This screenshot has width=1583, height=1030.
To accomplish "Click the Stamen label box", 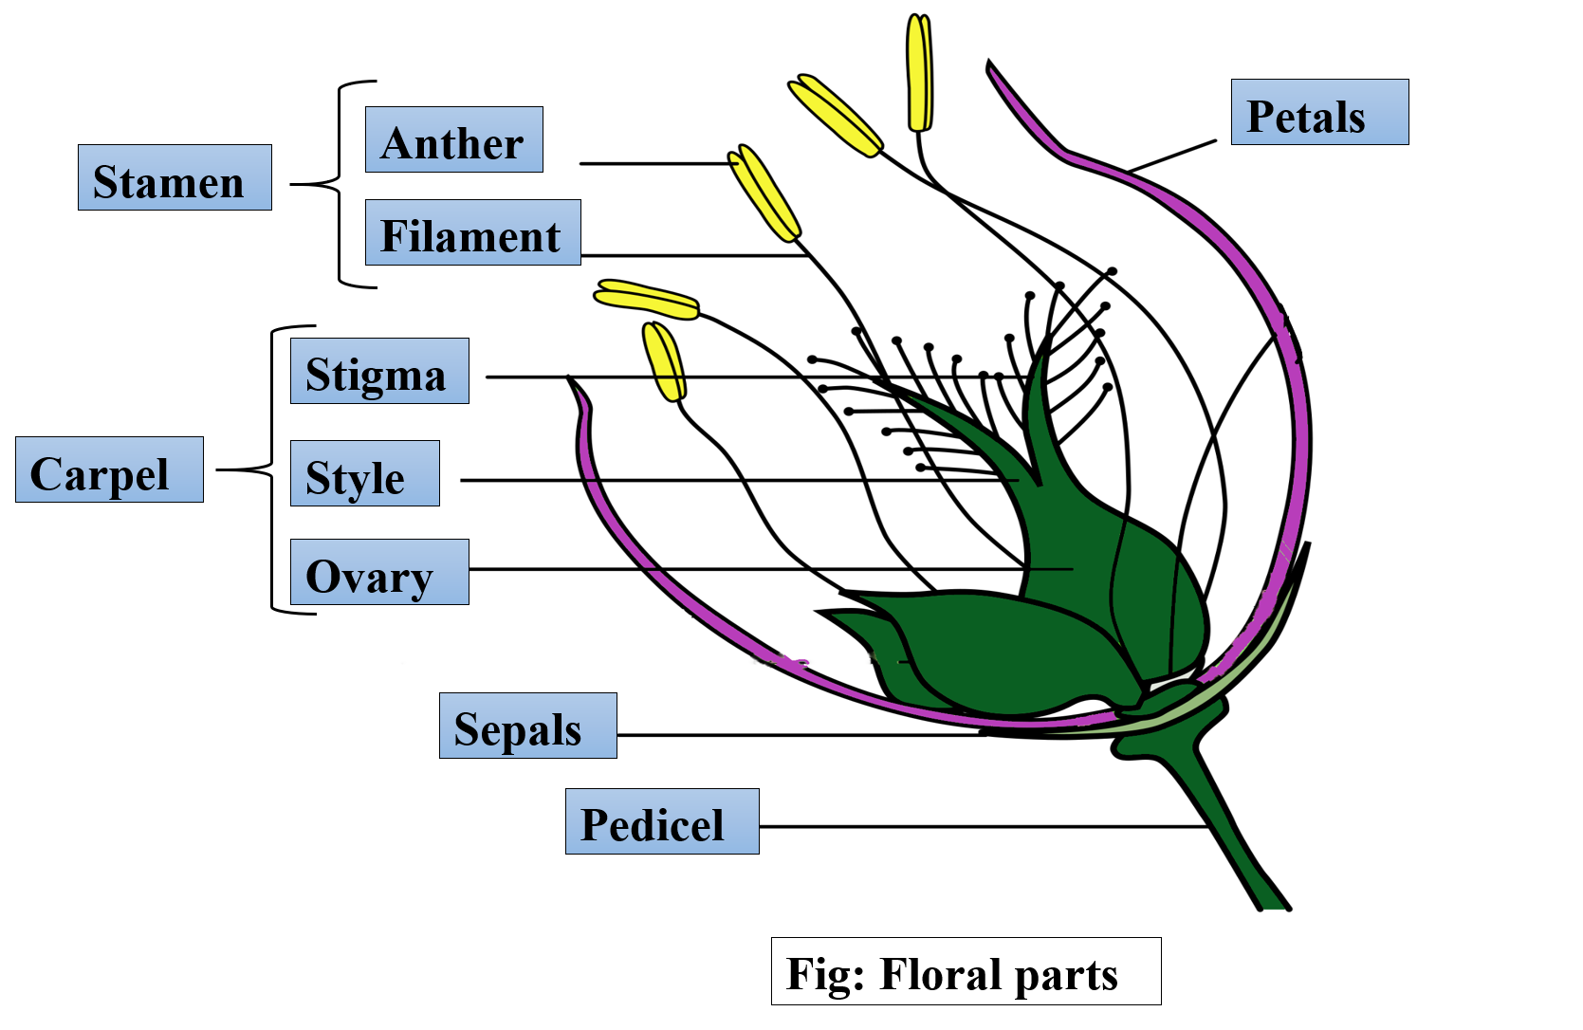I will pos(175,177).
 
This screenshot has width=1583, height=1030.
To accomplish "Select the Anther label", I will pos(453,139).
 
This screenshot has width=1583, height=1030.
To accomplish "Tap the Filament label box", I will pos(472,232).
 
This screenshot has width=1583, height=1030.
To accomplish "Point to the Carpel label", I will pos(109,469).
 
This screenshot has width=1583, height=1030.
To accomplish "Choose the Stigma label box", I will pos(378,371).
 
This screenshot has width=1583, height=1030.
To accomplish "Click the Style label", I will pos(364,473).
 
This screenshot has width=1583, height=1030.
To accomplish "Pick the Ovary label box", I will pos(378,572).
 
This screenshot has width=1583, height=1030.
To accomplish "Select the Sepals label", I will pos(527,726).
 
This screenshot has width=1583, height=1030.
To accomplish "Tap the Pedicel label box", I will pos(661,821).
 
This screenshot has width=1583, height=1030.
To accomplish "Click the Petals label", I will pos(1318,112).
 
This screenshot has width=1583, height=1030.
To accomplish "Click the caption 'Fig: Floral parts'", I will pos(965,971).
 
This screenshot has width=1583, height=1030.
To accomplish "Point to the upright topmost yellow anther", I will pos(919,73).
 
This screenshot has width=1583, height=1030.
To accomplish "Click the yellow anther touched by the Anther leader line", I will pos(764,193).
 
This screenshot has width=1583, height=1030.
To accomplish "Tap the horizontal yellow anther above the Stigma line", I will pos(647,299).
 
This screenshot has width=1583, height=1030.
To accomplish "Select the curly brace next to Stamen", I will pos(340,184).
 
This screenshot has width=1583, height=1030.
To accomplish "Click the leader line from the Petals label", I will pos(1173,156).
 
